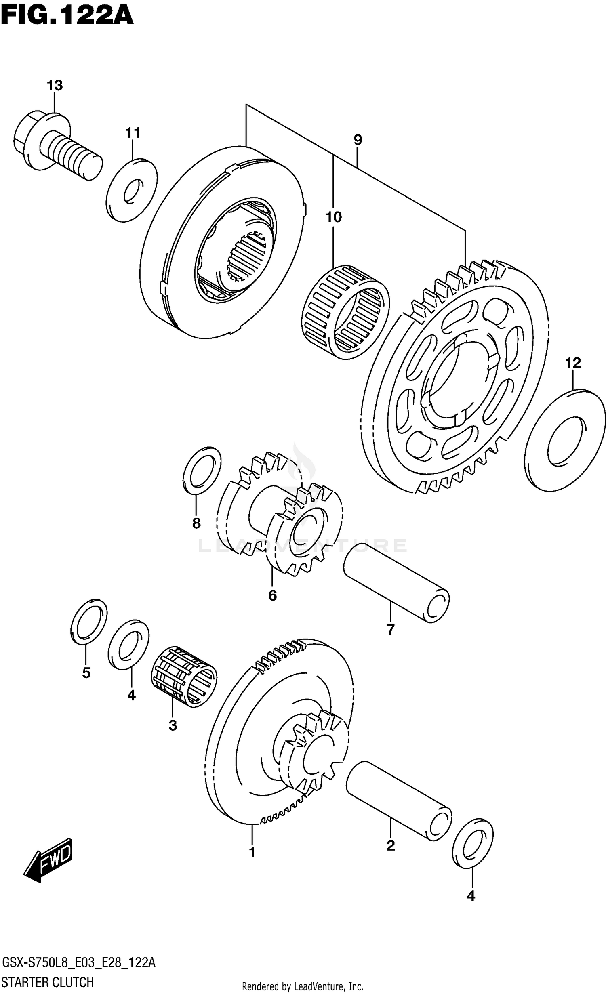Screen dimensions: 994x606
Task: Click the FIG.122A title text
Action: [67, 16]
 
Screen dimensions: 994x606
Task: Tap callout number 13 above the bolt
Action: [55, 86]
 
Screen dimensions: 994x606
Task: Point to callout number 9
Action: [358, 140]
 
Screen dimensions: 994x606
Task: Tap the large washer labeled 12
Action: [565, 440]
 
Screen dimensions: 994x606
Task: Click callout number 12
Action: [573, 363]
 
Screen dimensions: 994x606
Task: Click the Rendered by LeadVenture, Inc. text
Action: [303, 984]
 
